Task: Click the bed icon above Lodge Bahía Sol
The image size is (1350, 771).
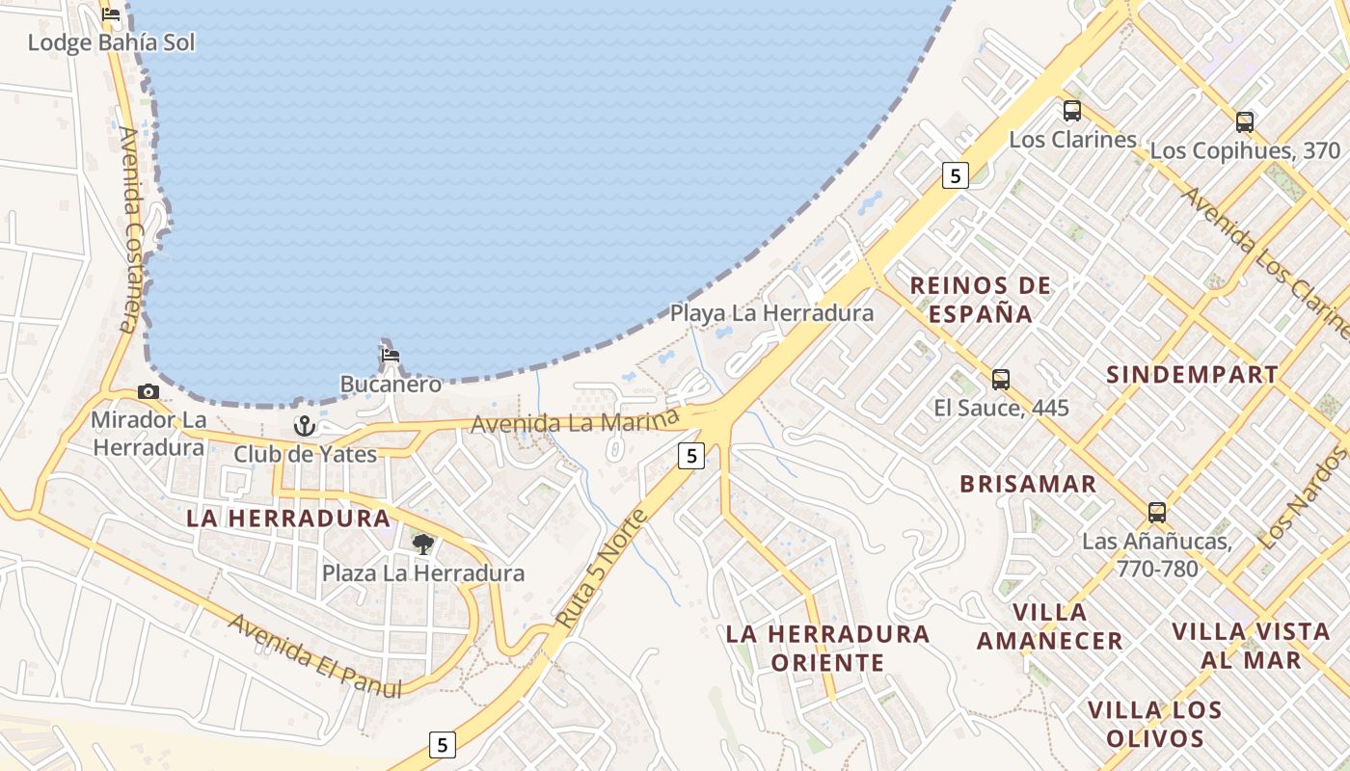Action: coord(111,14)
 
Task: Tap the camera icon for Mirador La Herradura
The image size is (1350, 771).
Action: coord(148,391)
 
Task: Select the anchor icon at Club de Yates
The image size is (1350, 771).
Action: coord(305,425)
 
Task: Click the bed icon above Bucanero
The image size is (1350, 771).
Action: coord(391,356)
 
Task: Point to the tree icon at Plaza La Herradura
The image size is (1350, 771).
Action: coord(422,545)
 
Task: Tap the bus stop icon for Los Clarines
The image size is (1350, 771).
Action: coord(1072,111)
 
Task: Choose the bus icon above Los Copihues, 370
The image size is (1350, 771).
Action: coord(1245,122)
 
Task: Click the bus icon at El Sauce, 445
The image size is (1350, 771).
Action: coord(1001,379)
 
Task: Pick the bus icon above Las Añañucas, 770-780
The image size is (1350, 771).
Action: coord(1157,512)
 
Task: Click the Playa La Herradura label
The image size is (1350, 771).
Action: coord(771,313)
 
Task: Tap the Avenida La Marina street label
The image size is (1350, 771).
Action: coord(575,422)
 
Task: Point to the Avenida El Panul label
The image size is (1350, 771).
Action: coord(314,656)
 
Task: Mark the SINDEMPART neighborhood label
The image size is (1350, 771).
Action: coord(1192,375)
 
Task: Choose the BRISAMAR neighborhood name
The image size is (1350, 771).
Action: coord(1028,484)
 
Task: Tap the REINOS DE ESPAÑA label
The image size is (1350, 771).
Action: coord(980,299)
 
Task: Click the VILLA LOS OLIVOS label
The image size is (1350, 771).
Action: coord(1155,724)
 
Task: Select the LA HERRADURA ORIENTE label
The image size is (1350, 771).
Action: coord(827,648)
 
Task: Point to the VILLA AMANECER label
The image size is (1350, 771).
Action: coord(1049,626)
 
